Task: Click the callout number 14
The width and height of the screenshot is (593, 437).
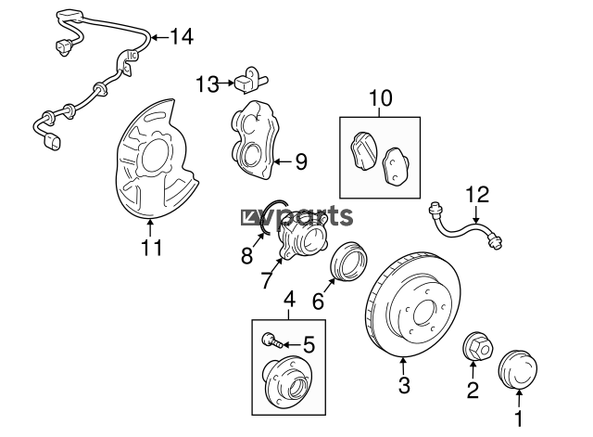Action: tap(182, 38)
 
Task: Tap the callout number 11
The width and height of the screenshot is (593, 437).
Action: tap(151, 248)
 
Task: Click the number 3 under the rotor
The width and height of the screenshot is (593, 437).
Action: tap(403, 385)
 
